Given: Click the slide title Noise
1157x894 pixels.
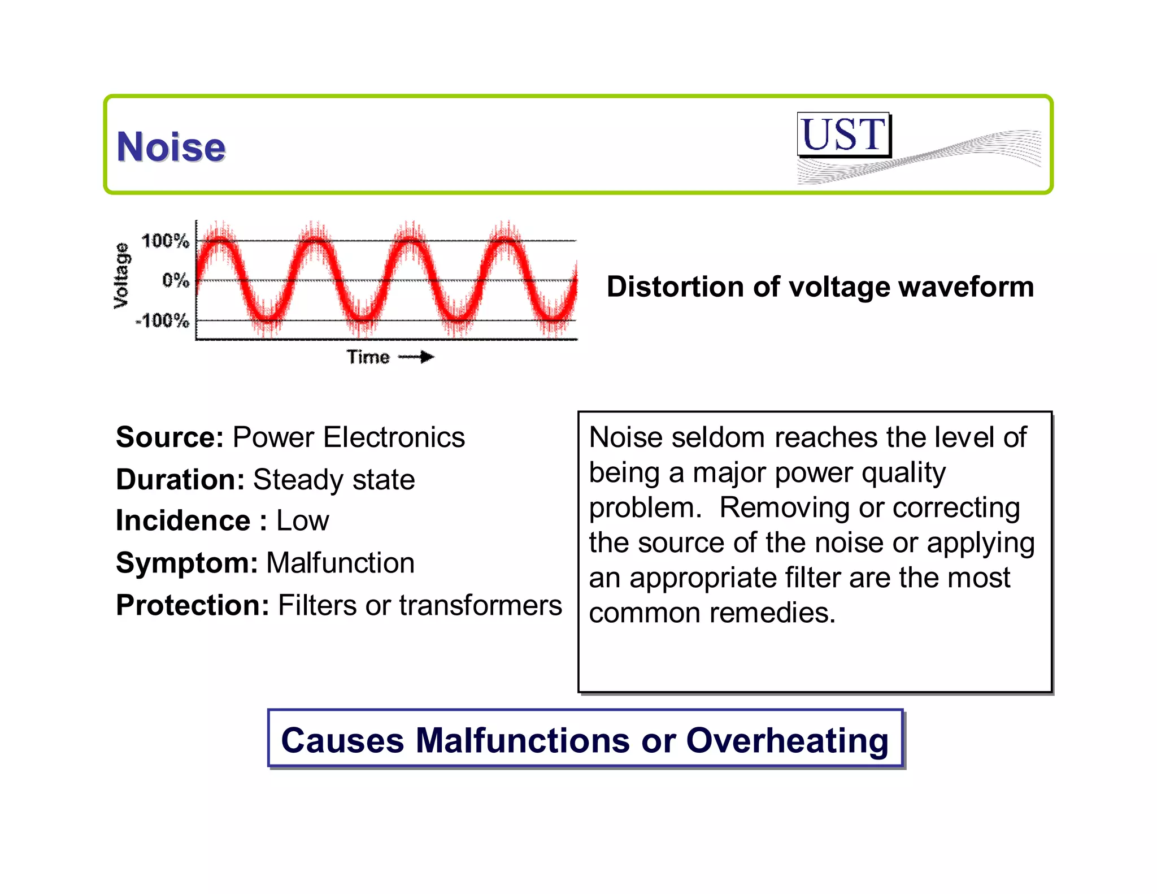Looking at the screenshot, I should point(171,147).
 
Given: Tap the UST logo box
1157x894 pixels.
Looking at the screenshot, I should point(843,134).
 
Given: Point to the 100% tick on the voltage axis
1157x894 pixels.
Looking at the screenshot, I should point(165,241).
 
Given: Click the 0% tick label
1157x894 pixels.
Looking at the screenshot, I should point(175,280).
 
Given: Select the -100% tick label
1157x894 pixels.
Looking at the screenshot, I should point(163,321).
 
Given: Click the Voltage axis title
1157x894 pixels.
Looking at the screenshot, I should point(121,276).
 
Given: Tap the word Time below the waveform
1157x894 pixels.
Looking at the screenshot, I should point(368,357).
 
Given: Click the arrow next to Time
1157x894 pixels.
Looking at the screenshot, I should point(416,357).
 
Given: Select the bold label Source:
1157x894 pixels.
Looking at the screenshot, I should point(170,437).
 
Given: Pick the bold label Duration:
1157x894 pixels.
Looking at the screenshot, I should point(180,480).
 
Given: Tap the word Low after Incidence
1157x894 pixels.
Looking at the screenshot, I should point(302,520).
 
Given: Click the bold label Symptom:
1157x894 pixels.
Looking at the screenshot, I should point(187,563).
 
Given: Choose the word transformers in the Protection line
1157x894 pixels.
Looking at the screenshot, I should point(480,605).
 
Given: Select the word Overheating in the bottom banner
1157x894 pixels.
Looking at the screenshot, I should point(787,740).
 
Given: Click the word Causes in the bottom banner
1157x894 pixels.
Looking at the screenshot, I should point(343,740).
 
